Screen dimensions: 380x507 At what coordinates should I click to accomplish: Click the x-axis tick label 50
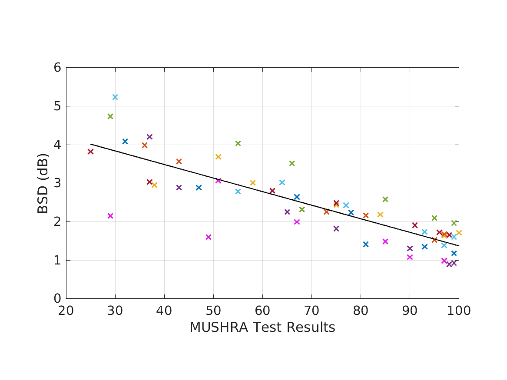click(213, 311)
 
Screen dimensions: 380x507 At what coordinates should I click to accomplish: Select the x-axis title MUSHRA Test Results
click(262, 327)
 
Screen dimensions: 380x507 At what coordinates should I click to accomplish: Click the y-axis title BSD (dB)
click(43, 183)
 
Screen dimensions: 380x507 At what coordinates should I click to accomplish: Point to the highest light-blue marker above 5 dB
click(115, 97)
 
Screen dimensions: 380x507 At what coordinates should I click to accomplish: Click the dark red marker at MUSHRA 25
click(90, 152)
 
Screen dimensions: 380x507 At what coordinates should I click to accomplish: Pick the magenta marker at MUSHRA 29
click(110, 216)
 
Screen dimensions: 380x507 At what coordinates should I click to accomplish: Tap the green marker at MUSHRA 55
click(238, 143)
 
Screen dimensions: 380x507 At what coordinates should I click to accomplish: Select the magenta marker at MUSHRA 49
click(209, 237)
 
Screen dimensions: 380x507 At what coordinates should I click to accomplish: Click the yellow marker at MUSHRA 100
click(459, 233)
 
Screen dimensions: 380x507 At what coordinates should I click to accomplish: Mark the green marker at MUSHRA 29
click(110, 116)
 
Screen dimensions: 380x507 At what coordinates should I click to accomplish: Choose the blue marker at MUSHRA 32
click(125, 141)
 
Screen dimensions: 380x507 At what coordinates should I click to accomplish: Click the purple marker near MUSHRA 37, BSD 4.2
click(150, 137)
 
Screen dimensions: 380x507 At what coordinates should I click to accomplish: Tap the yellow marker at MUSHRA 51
click(218, 157)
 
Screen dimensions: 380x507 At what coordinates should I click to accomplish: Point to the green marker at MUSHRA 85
click(385, 199)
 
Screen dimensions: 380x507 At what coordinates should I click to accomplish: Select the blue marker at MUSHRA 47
click(199, 188)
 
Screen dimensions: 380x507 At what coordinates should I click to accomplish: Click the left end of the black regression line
click(91, 144)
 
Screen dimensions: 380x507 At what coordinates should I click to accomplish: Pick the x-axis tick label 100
click(459, 311)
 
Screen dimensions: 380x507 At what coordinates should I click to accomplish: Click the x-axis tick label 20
click(66, 311)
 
